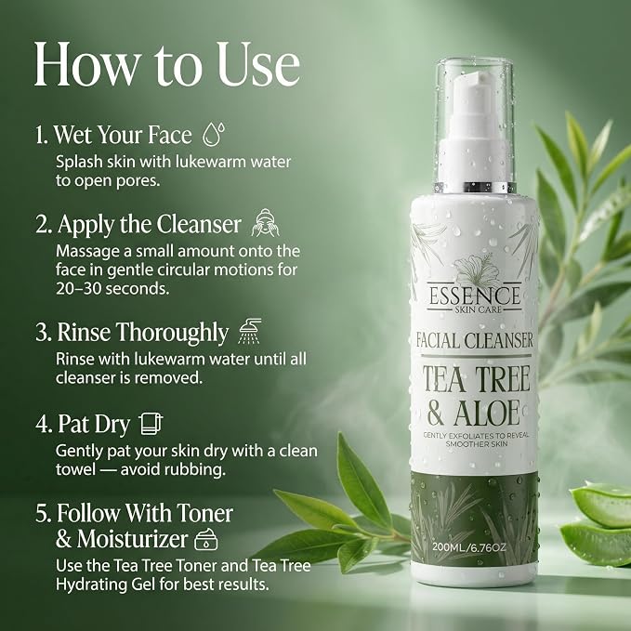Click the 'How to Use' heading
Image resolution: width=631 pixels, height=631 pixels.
pyautogui.click(x=167, y=64)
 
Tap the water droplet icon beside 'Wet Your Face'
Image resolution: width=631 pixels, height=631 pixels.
pyautogui.click(x=213, y=134)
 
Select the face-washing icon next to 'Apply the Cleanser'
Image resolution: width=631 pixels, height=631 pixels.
pyautogui.click(x=265, y=222)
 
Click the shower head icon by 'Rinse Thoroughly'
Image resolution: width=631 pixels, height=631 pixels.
pyautogui.click(x=250, y=331)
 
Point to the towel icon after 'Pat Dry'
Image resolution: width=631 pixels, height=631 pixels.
pyautogui.click(x=151, y=424)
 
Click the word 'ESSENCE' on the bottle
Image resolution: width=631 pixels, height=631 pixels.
pyautogui.click(x=474, y=296)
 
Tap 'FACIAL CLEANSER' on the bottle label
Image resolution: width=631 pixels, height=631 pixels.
pyautogui.click(x=475, y=340)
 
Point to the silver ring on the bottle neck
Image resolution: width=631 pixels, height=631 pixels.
pyautogui.click(x=475, y=187)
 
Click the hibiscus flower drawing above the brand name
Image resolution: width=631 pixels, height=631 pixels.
pyautogui.click(x=474, y=269)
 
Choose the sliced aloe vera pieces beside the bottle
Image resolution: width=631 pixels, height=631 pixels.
pyautogui.click(x=597, y=523)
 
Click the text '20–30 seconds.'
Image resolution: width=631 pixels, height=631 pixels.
pyautogui.click(x=112, y=288)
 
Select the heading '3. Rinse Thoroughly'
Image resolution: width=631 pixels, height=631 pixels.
pyautogui.click(x=132, y=333)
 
